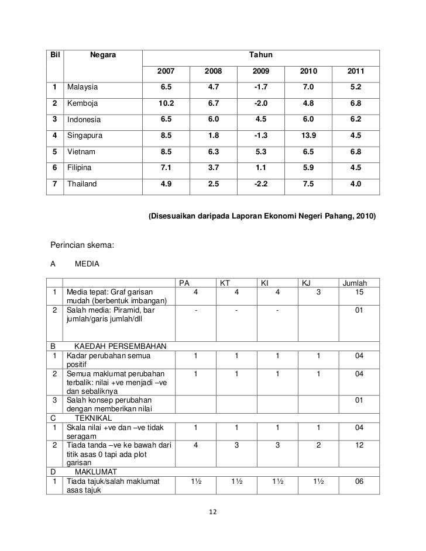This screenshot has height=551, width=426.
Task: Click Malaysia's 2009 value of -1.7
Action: (260, 88)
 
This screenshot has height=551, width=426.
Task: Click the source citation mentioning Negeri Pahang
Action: (262, 217)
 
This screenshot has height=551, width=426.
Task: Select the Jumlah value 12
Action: (358, 445)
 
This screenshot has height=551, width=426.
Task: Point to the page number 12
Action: (213, 512)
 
